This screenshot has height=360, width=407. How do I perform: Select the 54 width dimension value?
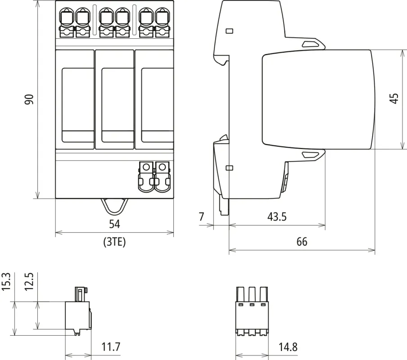(x=114, y=224)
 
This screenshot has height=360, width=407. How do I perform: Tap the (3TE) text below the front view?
(x=114, y=243)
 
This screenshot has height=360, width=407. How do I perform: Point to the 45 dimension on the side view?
(x=394, y=99)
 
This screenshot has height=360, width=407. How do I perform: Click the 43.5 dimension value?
(x=277, y=216)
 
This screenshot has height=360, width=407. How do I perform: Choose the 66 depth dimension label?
(x=302, y=242)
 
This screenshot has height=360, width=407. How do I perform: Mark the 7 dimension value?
(x=202, y=216)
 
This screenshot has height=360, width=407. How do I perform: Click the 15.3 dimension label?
(x=6, y=282)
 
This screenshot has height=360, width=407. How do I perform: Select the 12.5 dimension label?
(x=29, y=282)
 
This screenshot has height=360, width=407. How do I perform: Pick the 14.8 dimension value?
(x=287, y=347)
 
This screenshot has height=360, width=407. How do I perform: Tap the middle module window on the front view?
(x=114, y=104)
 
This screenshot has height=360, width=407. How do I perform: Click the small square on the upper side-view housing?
(x=229, y=31)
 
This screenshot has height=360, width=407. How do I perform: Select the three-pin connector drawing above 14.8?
(x=252, y=310)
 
